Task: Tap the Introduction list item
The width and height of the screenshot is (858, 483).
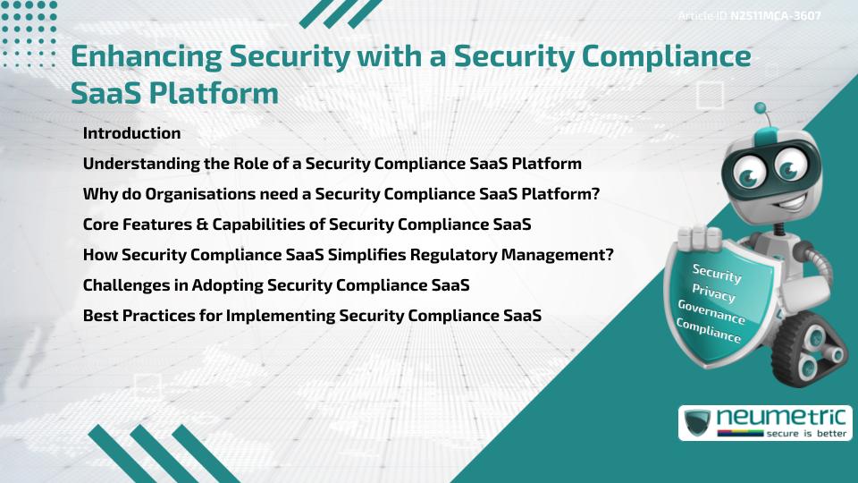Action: (131, 133)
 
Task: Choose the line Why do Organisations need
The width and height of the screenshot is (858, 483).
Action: (341, 194)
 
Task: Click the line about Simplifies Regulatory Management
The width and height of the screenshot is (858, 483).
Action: (348, 255)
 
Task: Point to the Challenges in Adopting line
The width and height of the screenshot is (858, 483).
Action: (276, 285)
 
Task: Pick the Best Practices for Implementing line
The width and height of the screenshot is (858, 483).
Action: (312, 316)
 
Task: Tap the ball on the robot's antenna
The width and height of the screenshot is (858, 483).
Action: (761, 109)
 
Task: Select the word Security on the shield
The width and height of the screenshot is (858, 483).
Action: (717, 272)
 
